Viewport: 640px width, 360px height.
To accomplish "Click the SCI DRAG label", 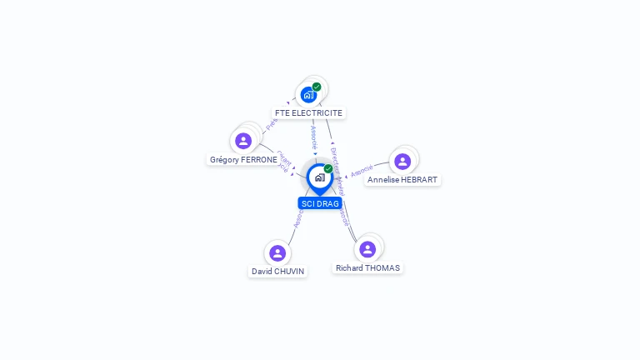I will point(320,203).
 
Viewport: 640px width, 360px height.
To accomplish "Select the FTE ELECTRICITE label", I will point(308,112).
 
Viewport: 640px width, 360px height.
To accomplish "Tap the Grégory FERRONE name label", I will point(243,159).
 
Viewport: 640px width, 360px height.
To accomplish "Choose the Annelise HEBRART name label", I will point(402,179).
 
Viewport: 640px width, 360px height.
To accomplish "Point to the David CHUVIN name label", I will point(278,271).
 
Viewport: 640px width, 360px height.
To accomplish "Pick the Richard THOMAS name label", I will point(367,267).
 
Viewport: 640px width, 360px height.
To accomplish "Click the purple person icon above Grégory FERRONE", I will point(243,141).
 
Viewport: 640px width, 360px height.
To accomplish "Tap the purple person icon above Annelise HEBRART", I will point(402,162).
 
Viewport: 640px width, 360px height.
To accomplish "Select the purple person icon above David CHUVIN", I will point(277,252).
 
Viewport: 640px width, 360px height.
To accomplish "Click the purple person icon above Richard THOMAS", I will point(367,248).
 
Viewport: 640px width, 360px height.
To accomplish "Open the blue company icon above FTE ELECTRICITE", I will point(308,94).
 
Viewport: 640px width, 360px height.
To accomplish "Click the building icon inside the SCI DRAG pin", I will point(319,177).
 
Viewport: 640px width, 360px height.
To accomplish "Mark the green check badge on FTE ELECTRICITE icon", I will point(317,87).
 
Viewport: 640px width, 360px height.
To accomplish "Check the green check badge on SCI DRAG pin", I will point(328,169).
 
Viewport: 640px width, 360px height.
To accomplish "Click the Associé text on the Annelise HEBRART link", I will point(362,171).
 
